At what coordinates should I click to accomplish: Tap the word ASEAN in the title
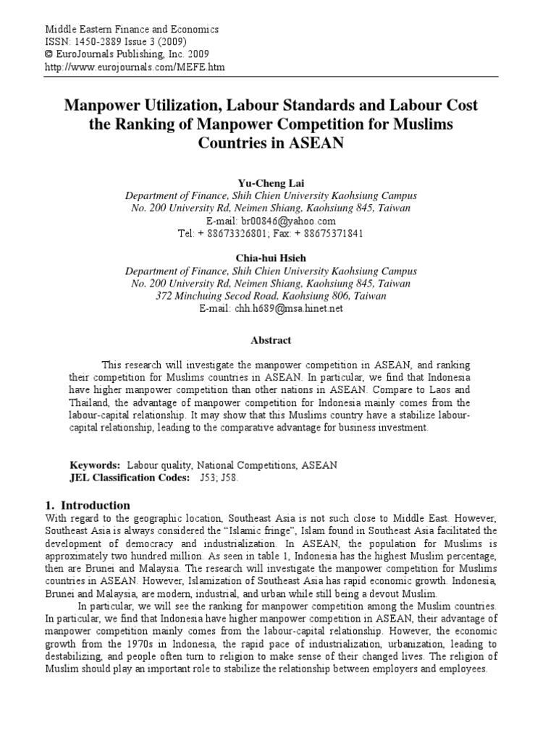coord(311,143)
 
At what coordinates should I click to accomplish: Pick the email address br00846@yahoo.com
coord(283,221)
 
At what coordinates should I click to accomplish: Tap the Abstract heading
coord(271,340)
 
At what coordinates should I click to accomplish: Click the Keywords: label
coord(95,465)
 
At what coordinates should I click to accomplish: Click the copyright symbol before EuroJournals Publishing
coord(49,54)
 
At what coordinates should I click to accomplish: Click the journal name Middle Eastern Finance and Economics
coord(132,30)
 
